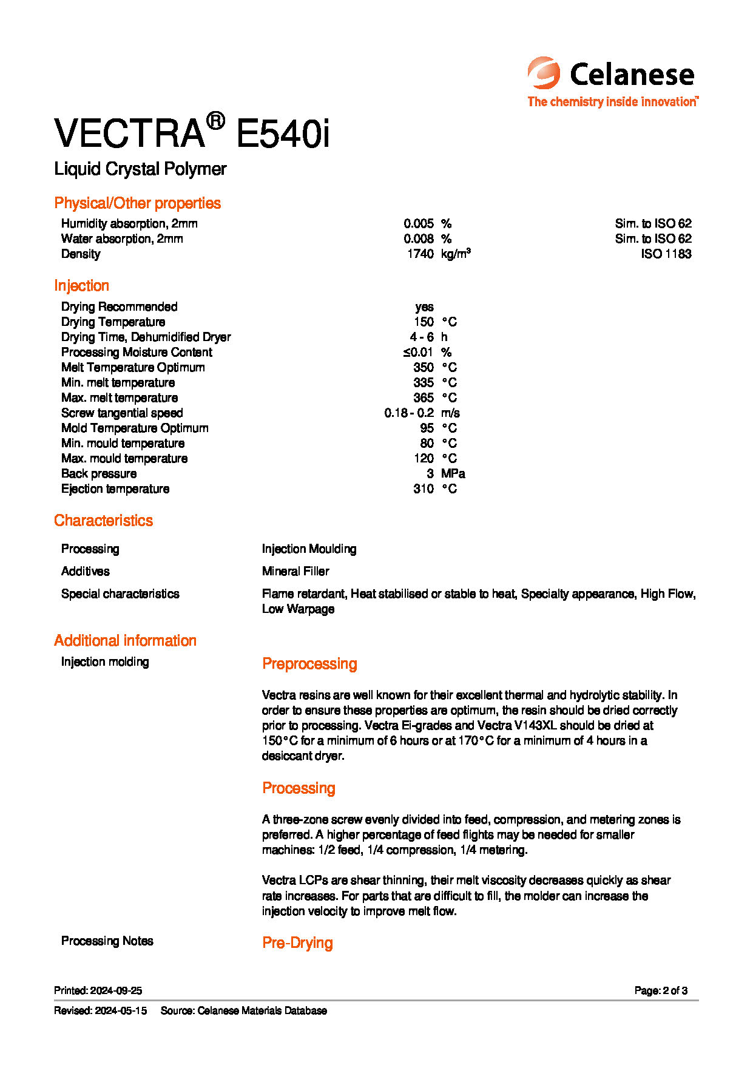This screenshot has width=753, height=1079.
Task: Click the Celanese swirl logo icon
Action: [x=544, y=73]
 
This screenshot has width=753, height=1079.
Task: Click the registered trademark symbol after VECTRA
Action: [x=215, y=121]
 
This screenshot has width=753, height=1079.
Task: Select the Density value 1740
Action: [x=420, y=254]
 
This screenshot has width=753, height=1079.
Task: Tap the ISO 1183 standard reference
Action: [x=666, y=254]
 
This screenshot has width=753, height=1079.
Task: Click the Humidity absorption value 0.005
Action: [x=419, y=224]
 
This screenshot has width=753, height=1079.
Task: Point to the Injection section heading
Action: [x=81, y=286]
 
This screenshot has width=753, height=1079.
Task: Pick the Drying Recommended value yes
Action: [x=424, y=307]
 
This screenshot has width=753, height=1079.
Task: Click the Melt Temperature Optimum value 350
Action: [x=423, y=368]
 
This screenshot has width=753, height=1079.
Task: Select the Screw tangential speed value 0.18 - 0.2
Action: [x=408, y=413]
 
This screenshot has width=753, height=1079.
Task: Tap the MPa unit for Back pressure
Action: [x=453, y=474]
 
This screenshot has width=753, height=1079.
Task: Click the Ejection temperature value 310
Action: [x=423, y=489]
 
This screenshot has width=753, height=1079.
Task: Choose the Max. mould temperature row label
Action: [x=124, y=459]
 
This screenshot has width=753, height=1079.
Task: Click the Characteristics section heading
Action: [x=103, y=521]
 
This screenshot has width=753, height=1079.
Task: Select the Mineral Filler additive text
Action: [x=295, y=572]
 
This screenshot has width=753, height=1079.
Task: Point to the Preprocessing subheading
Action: [x=309, y=664]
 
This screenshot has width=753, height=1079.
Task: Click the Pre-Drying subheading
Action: [x=297, y=943]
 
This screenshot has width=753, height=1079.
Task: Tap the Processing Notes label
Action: [x=107, y=941]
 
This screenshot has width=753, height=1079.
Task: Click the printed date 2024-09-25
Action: [x=116, y=991]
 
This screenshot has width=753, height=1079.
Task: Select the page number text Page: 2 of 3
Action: [x=661, y=991]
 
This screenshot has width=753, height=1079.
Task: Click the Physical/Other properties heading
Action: [x=137, y=203]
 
